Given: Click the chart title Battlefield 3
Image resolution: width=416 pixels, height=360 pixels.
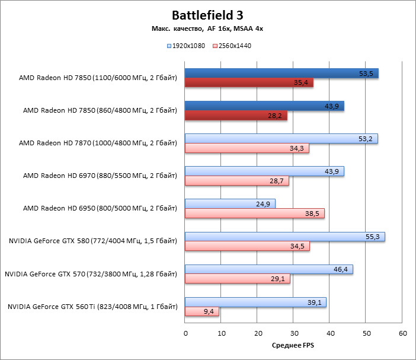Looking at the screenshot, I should coord(207,15).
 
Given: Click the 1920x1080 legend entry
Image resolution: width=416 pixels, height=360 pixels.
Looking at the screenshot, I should coord(188,45).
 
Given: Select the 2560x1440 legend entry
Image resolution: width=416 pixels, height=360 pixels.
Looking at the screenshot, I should coord(235,45).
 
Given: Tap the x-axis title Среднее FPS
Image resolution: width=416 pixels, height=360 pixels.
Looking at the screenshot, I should coord(293,344).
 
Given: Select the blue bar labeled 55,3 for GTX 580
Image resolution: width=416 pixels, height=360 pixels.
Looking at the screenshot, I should coord(284,237).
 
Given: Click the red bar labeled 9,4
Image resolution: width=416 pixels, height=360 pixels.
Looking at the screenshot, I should coord(201,311).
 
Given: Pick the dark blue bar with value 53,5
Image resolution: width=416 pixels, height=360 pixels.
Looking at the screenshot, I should coord(281,74).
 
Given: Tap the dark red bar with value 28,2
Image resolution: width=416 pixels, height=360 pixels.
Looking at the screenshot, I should coord(236,116).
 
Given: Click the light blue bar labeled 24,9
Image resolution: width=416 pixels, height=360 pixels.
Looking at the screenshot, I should coord(230,204).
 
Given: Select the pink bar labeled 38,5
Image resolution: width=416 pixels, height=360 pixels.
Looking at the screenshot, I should coord(255,214).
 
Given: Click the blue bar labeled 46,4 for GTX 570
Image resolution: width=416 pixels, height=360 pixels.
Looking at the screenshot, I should coord(268,269).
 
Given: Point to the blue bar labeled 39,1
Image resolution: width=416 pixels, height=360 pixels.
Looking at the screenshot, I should coord(255,302).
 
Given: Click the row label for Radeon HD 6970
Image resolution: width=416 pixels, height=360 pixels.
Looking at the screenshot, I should coord(100,176).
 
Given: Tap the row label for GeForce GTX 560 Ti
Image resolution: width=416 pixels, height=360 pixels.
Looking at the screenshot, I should coord(92,307).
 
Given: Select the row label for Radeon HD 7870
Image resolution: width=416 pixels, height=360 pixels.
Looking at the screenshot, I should coord(98,143).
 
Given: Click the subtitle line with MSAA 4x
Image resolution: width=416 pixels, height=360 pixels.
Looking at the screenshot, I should coord(207,29).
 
